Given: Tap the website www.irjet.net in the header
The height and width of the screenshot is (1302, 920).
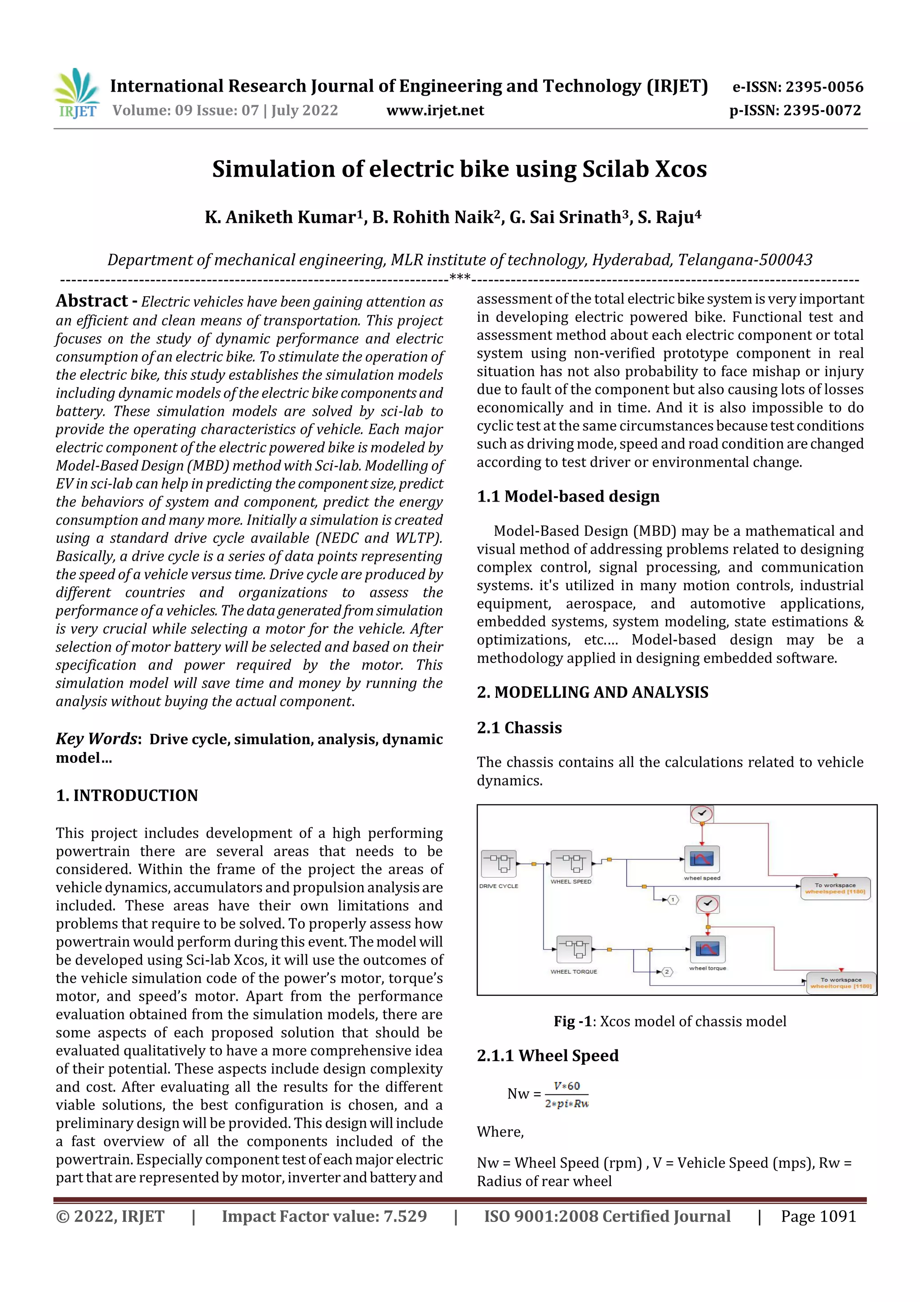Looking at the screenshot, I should [x=435, y=110].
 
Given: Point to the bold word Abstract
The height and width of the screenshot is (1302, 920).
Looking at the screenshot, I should [x=92, y=301].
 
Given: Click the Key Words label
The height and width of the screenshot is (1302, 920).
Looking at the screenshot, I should [x=97, y=738].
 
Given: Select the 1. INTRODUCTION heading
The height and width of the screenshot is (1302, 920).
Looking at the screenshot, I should [x=127, y=795].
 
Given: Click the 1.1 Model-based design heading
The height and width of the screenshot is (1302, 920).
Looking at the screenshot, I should [x=568, y=496].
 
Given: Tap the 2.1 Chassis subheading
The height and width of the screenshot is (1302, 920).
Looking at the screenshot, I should [x=519, y=728].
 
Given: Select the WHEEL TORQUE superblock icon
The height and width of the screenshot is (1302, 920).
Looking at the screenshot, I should [x=574, y=949].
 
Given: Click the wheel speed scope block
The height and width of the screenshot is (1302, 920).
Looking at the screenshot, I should [x=702, y=859].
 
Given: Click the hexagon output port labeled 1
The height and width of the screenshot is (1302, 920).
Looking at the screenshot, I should [x=672, y=900].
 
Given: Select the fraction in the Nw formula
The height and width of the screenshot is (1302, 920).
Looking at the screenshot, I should [x=566, y=1094].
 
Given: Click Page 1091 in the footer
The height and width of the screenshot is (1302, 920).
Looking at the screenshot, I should [x=818, y=1216].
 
